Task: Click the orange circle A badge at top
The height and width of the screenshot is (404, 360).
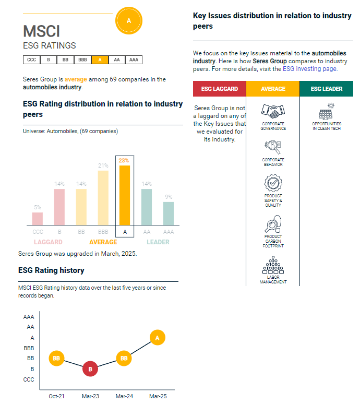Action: pos(128,20)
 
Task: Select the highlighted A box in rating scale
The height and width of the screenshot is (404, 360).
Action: pos(99,60)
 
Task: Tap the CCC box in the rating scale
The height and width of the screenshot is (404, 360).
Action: pos(31,60)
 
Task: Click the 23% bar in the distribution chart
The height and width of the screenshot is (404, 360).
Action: pos(124,195)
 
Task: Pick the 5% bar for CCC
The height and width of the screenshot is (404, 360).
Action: pos(38,219)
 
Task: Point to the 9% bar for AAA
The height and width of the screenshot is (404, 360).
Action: pos(168,213)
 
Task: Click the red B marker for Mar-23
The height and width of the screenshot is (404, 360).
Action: pos(90,369)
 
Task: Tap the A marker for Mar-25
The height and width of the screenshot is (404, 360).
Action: pos(157,337)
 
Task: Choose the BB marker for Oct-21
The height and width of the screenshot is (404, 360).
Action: pos(56,359)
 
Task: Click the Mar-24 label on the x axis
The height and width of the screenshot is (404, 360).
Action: pos(124,397)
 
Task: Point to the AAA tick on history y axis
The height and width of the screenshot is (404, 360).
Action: pos(29,317)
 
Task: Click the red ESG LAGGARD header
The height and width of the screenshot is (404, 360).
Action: pos(219,89)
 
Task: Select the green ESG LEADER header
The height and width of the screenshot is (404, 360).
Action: pos(326,89)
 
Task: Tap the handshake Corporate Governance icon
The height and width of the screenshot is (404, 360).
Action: pos(273,111)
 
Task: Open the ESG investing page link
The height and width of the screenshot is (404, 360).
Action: pos(310,69)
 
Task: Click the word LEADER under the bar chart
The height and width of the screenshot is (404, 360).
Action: pos(158,242)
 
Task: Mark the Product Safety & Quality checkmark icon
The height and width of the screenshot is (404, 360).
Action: pos(273,184)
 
